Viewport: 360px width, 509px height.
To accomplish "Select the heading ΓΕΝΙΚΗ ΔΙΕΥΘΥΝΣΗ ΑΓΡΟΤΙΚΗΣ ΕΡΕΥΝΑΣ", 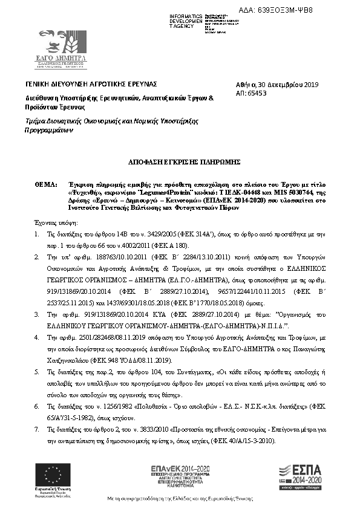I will coord(91,83).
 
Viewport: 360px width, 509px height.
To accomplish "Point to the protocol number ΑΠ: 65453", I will coord(252,94).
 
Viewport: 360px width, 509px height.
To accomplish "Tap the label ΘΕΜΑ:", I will coord(46,181).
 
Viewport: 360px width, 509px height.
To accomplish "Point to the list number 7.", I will coord(37,429).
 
